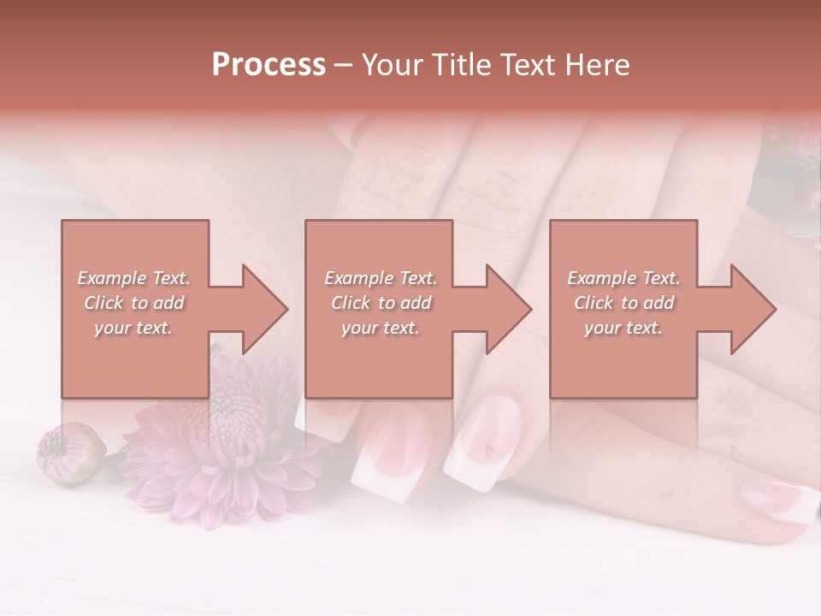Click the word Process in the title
[269, 65]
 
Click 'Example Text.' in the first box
[133, 278]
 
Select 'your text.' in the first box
[133, 328]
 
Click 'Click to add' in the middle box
[381, 303]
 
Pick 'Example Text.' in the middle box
[381, 278]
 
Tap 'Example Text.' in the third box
[623, 278]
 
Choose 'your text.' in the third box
[623, 328]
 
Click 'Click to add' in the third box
[623, 303]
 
